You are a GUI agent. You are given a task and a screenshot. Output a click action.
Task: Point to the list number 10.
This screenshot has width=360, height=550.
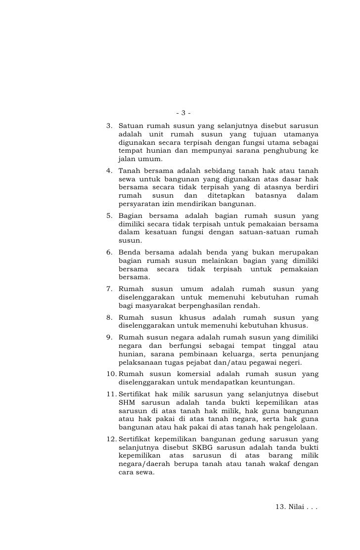(111, 374)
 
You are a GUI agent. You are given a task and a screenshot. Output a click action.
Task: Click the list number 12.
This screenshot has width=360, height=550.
(111, 439)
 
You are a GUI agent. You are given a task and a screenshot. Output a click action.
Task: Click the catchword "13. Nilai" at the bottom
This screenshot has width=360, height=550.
(295, 507)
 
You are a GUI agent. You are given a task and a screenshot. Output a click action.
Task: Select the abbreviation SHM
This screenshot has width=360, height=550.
(128, 402)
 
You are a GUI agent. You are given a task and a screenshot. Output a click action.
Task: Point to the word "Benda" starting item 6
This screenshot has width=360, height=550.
(130, 252)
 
